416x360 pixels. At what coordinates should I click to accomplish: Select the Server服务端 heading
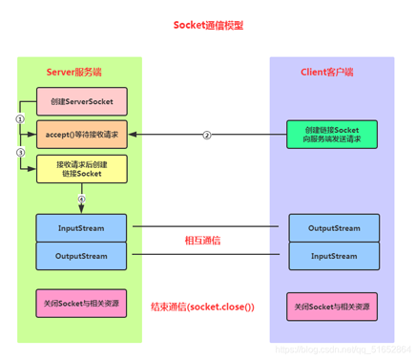pos(80,73)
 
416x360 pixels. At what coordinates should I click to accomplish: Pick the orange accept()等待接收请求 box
pos(80,135)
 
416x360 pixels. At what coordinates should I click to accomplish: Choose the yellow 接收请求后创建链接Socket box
pos(80,170)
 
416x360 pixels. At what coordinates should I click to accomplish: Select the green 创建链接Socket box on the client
pos(333,135)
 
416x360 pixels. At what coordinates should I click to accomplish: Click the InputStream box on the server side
pos(80,228)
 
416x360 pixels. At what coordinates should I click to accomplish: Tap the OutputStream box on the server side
pos(80,255)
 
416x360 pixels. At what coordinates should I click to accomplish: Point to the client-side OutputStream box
pos(333,228)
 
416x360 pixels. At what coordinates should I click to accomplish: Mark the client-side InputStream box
pos(333,255)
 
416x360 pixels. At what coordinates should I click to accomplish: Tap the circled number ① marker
pos(20,118)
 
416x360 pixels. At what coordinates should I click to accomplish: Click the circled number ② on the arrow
pos(206,135)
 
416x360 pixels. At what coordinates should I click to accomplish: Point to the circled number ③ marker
pos(20,153)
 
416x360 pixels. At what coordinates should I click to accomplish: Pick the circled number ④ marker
pos(81,199)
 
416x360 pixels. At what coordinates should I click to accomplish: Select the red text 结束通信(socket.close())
pos(205,307)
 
